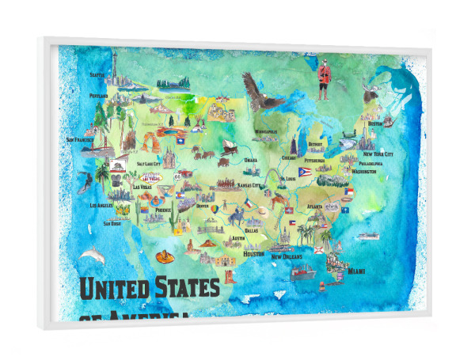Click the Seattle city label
point(97,76)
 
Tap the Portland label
point(98,96)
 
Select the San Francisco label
point(80,140)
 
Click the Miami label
point(358,271)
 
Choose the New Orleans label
point(289,256)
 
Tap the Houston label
point(253,254)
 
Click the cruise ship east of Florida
point(367,235)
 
